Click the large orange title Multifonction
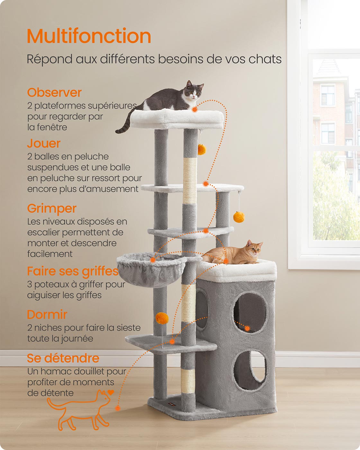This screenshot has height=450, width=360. coord(89,36)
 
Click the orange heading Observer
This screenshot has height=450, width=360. coord(54,93)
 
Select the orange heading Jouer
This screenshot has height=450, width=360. coord(44,143)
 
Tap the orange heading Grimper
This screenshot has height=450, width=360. coord(52,209)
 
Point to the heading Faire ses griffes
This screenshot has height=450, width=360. coord(73,271)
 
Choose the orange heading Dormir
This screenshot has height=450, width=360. coord(47,314)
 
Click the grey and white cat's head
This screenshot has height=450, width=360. coord(194,91)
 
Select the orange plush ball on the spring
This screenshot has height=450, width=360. coord(162,318)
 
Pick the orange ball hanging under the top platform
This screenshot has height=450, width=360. coord(202,149)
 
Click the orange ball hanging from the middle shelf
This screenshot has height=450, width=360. coord(239,217)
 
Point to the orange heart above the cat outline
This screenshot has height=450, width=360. coord(111,392)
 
